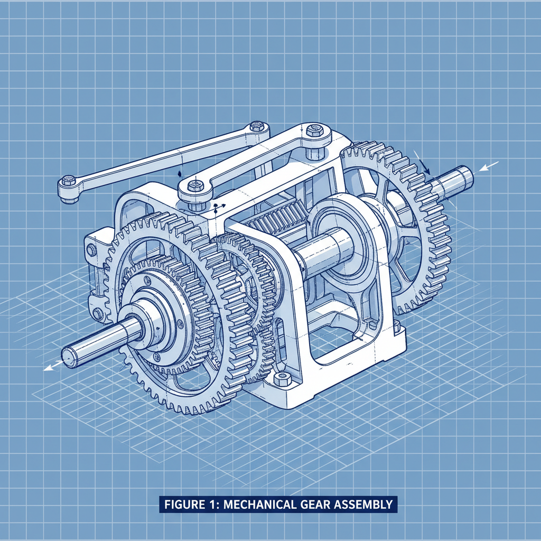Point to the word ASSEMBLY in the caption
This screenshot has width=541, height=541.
click(365, 504)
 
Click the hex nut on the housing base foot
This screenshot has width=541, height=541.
click(283, 378)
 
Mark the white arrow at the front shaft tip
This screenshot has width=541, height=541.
click(50, 367)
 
